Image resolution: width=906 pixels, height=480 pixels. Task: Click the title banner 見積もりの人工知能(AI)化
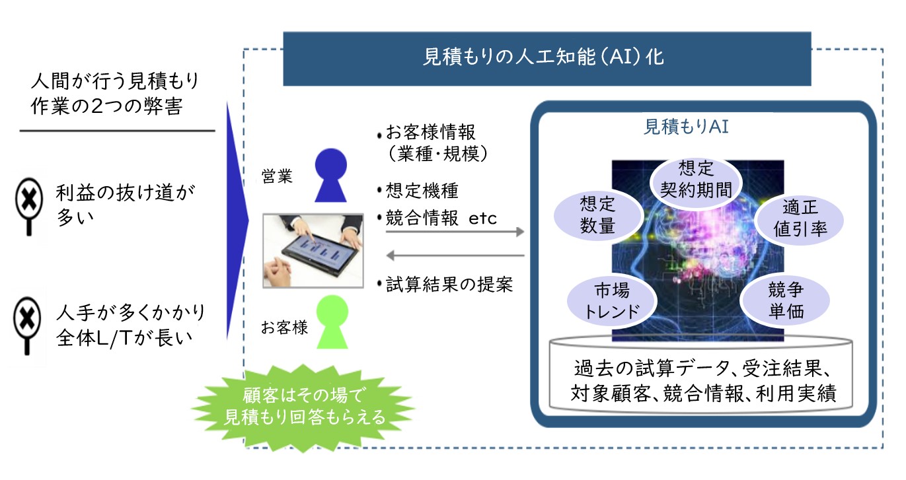coord(547,59)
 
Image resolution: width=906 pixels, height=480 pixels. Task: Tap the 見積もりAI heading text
coord(686,127)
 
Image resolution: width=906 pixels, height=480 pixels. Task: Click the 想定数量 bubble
coord(598,215)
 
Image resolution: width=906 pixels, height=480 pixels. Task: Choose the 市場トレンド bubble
coord(611,302)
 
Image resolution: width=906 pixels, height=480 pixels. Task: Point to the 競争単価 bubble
coord(785,300)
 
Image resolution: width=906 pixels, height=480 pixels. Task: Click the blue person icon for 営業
coord(331,175)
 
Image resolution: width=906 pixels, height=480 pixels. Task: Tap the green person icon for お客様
coord(332,322)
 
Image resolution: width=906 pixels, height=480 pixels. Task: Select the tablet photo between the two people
coord(313,251)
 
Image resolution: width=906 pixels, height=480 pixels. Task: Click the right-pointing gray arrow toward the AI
coord(455,232)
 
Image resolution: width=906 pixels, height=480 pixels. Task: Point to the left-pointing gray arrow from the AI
coord(455,256)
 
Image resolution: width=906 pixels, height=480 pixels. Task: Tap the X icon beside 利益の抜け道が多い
coord(28,206)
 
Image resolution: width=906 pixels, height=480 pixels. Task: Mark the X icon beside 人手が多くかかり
coord(27,326)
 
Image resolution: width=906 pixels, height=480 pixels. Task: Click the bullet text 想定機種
coord(422,191)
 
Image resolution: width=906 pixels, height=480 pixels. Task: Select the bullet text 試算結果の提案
coord(449,285)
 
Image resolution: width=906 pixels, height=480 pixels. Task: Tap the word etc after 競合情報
coord(482,219)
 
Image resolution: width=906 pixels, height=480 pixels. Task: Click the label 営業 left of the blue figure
coord(277,176)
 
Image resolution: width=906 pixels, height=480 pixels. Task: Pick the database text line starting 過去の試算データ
coord(702,368)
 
